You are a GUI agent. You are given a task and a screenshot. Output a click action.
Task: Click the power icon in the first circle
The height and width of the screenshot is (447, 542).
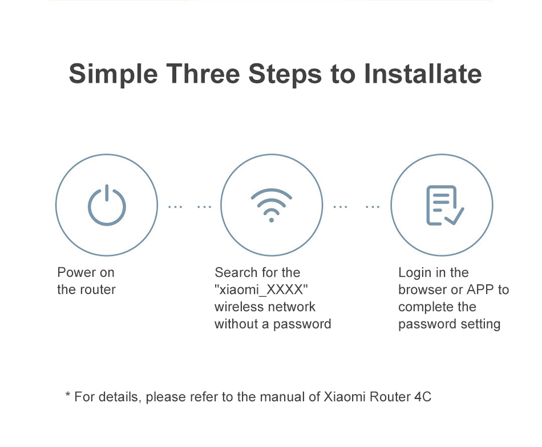(107, 222)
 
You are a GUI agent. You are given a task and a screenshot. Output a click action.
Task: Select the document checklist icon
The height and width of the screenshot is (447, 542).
(445, 206)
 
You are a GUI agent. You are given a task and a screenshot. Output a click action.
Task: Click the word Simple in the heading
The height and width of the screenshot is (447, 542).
(114, 74)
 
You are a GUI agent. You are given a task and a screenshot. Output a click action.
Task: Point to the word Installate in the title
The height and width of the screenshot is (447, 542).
(423, 74)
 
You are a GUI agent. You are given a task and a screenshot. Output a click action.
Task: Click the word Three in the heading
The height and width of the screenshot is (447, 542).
(203, 74)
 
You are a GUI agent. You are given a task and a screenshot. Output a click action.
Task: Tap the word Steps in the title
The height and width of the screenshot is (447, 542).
(285, 74)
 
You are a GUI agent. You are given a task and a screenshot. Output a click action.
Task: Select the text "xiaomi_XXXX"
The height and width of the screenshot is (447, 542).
(261, 289)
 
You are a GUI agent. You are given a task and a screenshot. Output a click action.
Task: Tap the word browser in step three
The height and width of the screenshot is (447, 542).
(422, 289)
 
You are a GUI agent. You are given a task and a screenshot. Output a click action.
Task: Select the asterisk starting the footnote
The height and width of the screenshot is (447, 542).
(68, 394)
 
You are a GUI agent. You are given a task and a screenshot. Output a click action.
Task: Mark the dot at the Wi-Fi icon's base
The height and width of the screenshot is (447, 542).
(272, 220)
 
